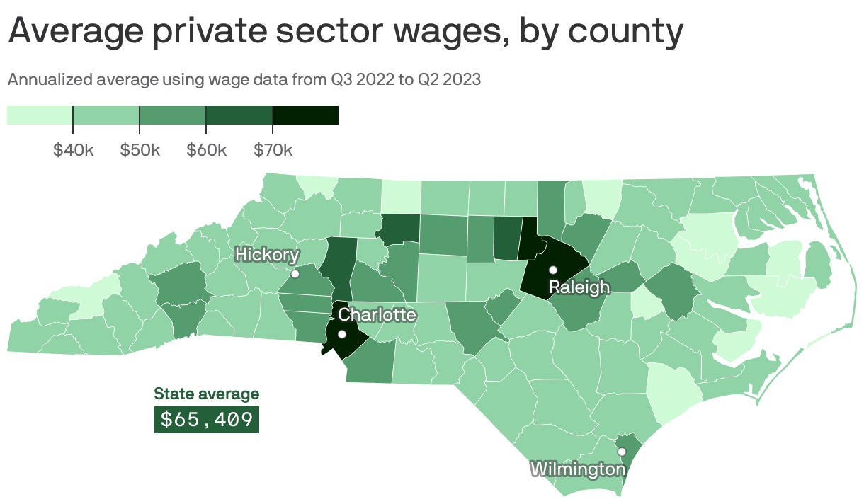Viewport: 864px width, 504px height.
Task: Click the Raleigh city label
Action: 579,287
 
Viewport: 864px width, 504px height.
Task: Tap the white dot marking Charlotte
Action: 342,334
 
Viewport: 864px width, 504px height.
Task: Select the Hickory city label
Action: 267,255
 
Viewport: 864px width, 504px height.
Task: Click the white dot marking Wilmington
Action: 622,452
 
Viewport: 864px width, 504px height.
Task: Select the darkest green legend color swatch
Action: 305,115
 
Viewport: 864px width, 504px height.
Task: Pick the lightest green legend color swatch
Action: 40,115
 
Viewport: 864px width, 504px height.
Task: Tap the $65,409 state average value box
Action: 207,420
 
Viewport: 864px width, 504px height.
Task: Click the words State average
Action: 207,394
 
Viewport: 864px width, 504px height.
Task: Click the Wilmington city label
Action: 578,469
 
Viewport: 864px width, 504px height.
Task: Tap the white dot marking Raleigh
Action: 553,270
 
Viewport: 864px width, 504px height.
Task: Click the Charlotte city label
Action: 377,314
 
